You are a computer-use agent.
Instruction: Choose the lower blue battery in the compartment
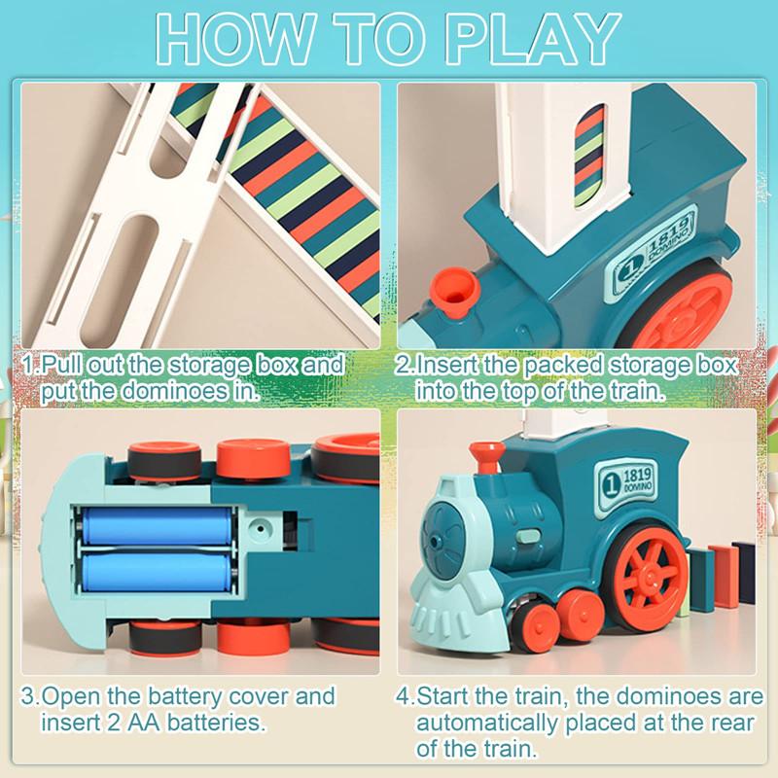(156, 570)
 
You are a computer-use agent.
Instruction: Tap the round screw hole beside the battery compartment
(259, 529)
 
